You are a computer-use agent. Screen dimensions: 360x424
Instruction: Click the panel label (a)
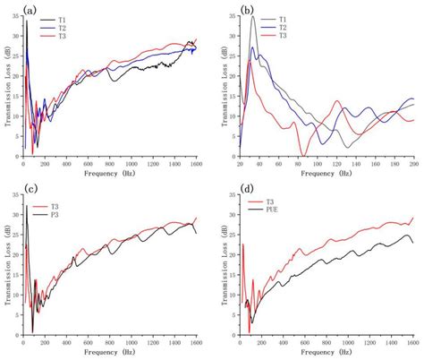[x=30, y=11]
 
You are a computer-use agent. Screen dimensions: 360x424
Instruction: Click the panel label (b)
[x=246, y=11]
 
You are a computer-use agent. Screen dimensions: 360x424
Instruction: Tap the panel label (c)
[x=30, y=191]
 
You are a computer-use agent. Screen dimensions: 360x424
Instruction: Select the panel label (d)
[x=246, y=191]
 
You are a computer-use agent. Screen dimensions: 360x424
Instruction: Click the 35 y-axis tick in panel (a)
[x=16, y=17]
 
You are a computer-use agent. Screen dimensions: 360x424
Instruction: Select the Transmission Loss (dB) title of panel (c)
[x=6, y=265]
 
